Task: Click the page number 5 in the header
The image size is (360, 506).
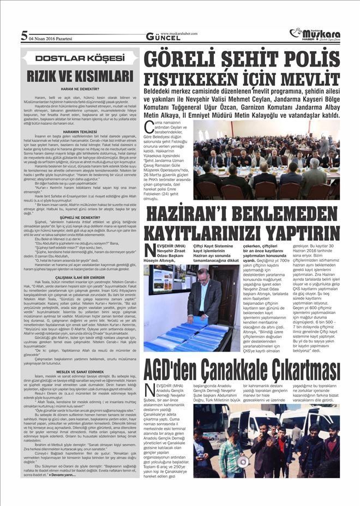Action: click(x=24, y=36)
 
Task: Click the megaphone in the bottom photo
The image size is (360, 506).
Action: click(x=241, y=460)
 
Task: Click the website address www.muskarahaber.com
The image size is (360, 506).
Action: click(x=177, y=33)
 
